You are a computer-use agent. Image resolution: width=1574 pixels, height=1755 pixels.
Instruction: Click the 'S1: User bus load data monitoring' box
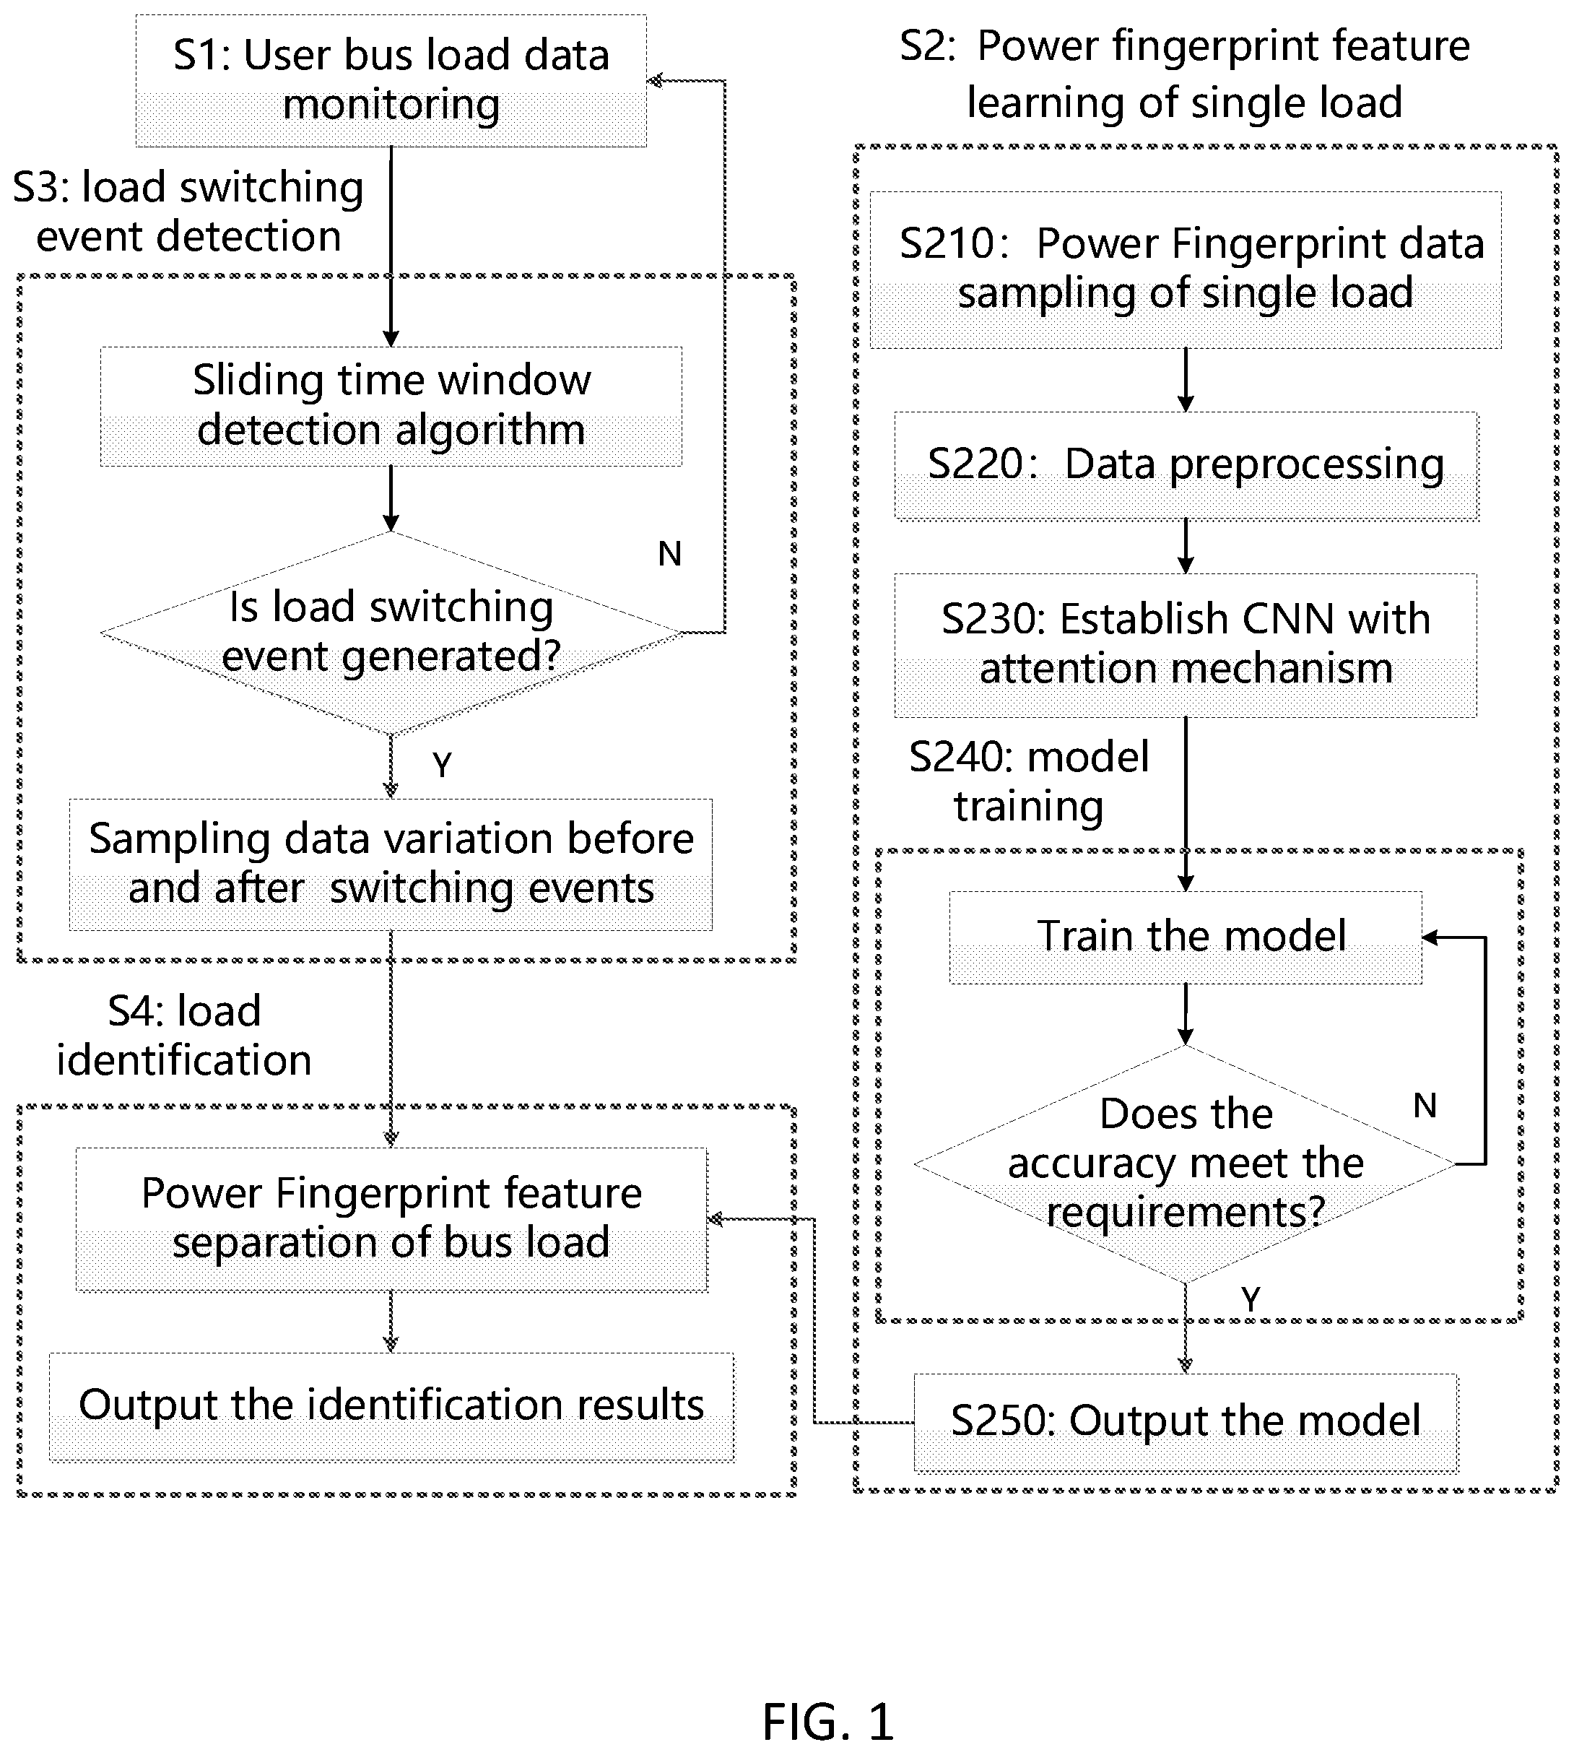[x=391, y=80]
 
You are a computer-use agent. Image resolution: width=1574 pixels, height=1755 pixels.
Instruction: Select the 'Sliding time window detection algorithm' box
[x=391, y=407]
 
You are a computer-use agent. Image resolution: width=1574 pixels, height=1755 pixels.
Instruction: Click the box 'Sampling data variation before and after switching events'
[x=391, y=864]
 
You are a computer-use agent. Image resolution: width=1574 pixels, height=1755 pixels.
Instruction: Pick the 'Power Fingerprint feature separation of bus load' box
[x=391, y=1220]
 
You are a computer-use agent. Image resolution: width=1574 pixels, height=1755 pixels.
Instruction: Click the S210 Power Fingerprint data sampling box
[x=1186, y=270]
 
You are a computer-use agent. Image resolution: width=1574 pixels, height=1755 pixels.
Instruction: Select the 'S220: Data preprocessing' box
[x=1186, y=465]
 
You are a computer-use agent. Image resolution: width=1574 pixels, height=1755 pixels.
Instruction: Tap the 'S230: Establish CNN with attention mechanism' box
[x=1186, y=645]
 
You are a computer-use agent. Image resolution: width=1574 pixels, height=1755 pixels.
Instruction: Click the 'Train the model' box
[x=1186, y=937]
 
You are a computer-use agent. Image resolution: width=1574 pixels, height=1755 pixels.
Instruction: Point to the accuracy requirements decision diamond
[x=1185, y=1164]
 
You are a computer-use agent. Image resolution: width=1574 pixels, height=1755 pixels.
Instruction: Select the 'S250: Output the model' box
[x=1186, y=1423]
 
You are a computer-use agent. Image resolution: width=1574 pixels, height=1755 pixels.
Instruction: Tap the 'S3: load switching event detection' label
[x=188, y=212]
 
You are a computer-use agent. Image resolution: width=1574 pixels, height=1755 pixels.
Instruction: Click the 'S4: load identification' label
[x=184, y=1036]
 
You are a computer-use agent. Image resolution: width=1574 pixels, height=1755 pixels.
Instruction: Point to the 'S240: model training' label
[x=1029, y=781]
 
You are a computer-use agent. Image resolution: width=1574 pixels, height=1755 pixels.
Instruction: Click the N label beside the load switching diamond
[x=670, y=553]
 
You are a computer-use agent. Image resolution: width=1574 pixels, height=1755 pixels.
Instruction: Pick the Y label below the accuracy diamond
[x=1251, y=1299]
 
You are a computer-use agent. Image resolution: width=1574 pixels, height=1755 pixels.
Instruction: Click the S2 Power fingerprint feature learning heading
[x=1185, y=74]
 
